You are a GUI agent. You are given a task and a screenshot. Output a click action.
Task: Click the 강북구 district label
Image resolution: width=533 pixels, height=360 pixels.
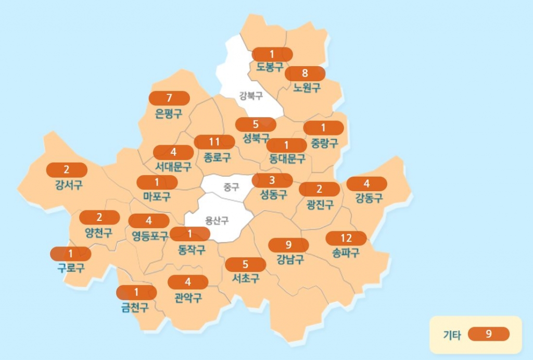(251, 95)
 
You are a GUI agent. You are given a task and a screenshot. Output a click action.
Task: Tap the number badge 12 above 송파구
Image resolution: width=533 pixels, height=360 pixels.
(346, 238)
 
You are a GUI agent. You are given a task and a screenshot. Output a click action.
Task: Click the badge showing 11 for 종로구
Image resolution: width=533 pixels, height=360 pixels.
(214, 142)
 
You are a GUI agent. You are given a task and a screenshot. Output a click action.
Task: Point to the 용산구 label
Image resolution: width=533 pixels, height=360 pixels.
(217, 220)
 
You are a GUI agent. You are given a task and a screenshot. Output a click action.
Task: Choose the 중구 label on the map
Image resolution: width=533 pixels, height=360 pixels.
(231, 187)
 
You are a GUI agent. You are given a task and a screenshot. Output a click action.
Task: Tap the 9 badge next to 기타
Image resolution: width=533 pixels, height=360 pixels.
(488, 334)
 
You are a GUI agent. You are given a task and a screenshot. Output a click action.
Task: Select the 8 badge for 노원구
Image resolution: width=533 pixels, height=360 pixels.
(305, 73)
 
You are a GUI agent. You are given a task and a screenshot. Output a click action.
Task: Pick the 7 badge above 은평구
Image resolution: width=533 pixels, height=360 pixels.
(169, 98)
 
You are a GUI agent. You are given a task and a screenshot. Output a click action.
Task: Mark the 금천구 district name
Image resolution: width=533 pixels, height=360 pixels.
(135, 307)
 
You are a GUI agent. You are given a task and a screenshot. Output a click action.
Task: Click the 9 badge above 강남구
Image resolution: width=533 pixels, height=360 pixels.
(288, 245)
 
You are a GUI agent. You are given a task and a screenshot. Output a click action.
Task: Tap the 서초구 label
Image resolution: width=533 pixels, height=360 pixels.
(246, 279)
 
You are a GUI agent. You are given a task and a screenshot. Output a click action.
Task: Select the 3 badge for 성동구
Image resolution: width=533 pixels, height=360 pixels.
(272, 181)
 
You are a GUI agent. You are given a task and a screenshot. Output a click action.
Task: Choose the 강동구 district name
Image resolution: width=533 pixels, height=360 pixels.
(369, 198)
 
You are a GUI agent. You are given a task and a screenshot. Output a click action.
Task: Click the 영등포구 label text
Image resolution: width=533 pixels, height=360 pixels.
(150, 236)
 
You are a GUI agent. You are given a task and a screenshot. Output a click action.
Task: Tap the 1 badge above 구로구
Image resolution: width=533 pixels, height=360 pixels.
(71, 254)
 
